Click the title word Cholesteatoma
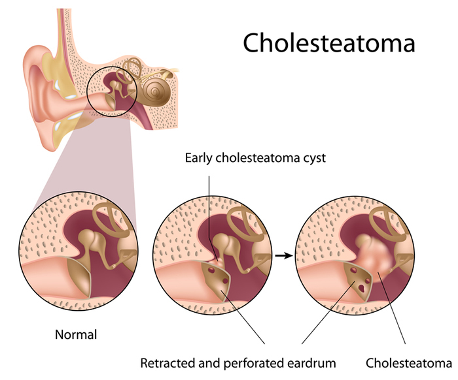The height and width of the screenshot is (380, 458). (329, 42)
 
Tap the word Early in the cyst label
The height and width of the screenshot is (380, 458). (199, 158)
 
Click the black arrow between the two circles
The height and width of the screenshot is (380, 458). (282, 255)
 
